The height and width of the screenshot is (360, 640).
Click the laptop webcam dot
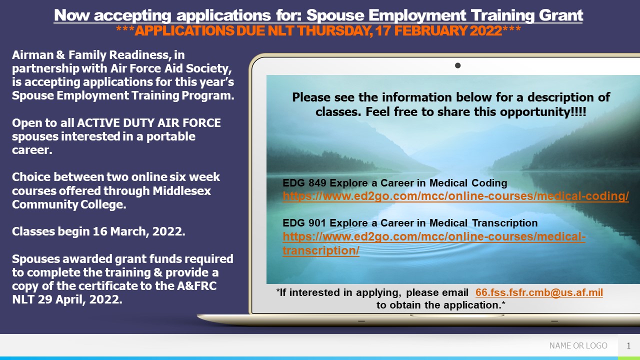(x=457, y=65)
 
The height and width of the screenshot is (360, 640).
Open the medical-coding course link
(x=455, y=196)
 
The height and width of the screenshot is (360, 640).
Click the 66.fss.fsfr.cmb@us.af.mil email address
(x=539, y=292)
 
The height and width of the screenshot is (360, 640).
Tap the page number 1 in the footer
(x=628, y=345)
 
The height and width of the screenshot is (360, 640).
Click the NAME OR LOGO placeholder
(x=578, y=345)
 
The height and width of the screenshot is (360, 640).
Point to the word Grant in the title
(x=561, y=15)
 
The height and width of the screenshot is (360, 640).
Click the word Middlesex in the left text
(x=181, y=191)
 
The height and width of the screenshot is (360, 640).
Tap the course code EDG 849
(x=304, y=183)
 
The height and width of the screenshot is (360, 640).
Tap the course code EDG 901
(x=304, y=223)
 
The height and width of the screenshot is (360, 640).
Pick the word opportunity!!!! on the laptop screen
(x=543, y=112)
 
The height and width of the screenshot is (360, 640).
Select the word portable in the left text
(x=171, y=136)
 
